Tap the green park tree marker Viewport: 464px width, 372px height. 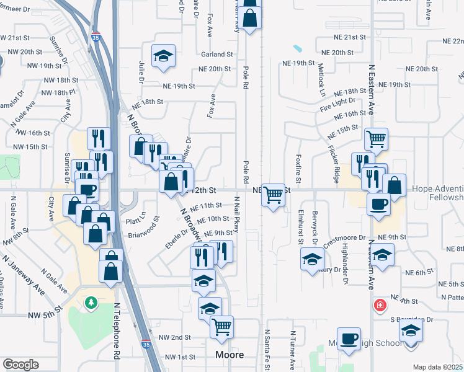coord(92,302)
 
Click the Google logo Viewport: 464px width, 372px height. coord(20,364)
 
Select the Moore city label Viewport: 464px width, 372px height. coord(229,355)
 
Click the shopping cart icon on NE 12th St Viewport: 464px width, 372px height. coord(273,194)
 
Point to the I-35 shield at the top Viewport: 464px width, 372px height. coord(95,37)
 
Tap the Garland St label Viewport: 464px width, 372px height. coord(215,55)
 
